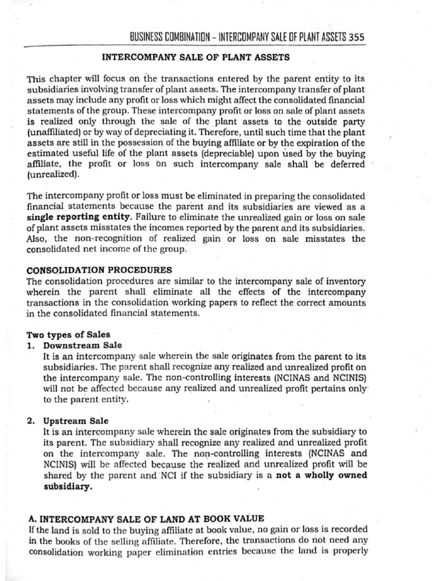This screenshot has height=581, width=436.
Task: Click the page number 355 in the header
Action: (x=356, y=37)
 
